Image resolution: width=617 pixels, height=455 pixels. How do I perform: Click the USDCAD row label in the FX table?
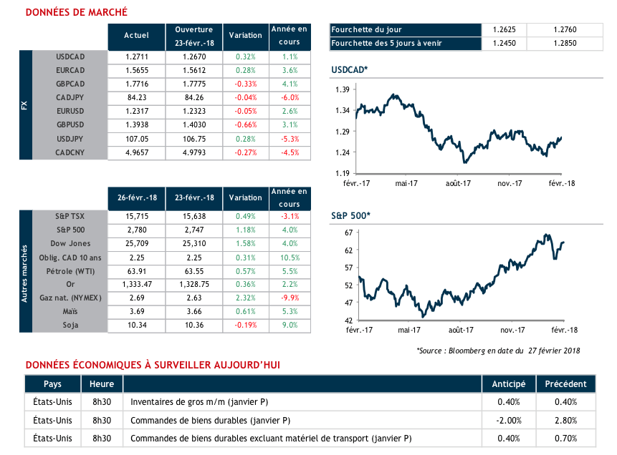pyautogui.click(x=70, y=56)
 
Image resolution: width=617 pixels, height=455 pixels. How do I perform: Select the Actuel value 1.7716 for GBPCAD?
pyautogui.click(x=136, y=83)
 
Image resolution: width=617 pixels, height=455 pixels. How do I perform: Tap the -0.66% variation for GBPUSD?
pyautogui.click(x=245, y=124)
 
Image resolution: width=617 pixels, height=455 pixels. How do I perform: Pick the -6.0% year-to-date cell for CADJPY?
pyautogui.click(x=290, y=97)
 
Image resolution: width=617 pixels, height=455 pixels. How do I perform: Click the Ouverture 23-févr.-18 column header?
pyautogui.click(x=194, y=35)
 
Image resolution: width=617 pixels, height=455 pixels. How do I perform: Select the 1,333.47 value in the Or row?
pyautogui.click(x=136, y=285)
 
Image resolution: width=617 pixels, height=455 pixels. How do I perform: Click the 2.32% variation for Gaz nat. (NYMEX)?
pyautogui.click(x=245, y=299)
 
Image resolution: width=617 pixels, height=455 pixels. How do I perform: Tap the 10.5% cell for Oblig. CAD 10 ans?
pyautogui.click(x=290, y=258)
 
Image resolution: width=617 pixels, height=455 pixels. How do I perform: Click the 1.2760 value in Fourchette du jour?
pyautogui.click(x=565, y=30)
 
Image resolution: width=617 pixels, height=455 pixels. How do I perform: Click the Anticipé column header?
pyautogui.click(x=508, y=383)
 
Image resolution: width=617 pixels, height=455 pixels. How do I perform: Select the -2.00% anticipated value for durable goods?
pyautogui.click(x=508, y=420)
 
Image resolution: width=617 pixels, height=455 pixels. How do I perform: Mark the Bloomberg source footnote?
pyautogui.click(x=498, y=350)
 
